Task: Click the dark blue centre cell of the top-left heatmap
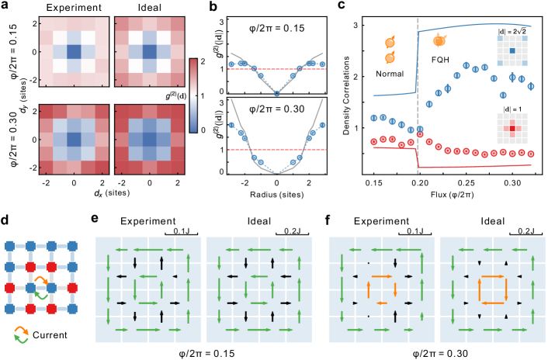coord(74,52)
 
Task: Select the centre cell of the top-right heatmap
coord(149,52)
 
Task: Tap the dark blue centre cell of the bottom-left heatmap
coord(74,140)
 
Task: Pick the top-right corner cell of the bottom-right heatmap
coord(177,112)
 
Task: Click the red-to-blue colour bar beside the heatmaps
coord(193,95)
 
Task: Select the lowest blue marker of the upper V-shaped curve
coord(276,93)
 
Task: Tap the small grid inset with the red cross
coord(512,128)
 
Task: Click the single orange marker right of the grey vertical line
coord(439,40)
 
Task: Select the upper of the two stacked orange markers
coord(390,42)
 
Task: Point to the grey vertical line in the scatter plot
coord(418,93)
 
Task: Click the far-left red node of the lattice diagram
coord(10,288)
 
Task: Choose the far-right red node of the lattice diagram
coord(72,288)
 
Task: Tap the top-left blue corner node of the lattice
coord(10,246)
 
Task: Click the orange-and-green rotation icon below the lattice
coord(21,334)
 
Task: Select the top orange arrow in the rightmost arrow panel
coord(493,276)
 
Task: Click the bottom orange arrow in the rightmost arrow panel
coord(493,303)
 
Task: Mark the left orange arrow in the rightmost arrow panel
coord(479,289)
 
